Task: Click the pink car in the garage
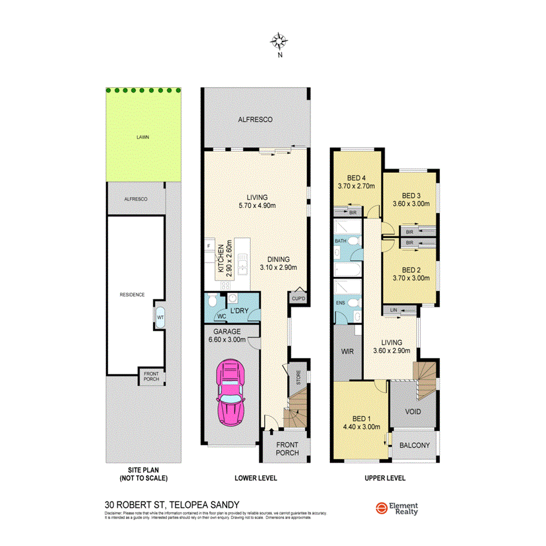coord(230,392)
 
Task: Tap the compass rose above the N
coord(280,40)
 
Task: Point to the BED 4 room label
coord(357,178)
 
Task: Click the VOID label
coord(413,411)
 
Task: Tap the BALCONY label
coord(414,445)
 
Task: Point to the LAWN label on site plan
coord(143,137)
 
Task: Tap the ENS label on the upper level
coord(340,303)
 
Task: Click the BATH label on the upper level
coord(340,241)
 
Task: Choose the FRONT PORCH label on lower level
coord(288,448)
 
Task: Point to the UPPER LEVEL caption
coord(385,478)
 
